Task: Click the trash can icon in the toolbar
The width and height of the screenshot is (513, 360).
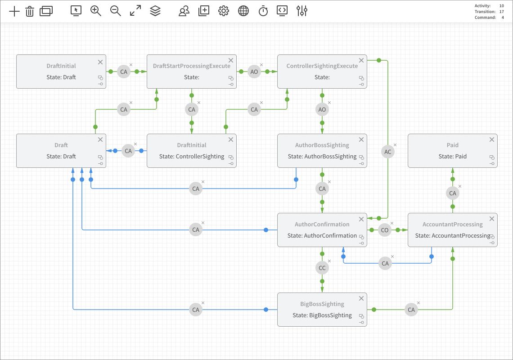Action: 30,11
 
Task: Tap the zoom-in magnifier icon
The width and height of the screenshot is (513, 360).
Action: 96,11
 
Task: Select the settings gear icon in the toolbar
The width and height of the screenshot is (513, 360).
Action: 224,11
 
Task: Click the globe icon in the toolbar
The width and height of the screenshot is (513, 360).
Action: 243,11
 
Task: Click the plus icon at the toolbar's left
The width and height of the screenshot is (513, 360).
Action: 14,11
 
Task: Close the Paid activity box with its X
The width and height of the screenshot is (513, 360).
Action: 492,139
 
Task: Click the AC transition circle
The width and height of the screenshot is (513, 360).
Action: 388,152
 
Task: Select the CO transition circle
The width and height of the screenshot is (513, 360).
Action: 385,230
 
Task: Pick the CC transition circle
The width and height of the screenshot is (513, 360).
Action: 322,268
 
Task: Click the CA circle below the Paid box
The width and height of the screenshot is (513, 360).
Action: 453,193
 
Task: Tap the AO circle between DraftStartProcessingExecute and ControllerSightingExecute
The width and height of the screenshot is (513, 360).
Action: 254,72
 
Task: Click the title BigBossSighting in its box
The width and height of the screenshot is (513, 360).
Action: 322,304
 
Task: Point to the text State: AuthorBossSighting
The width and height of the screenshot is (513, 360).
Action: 322,157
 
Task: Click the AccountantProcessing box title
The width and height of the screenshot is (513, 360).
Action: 452,224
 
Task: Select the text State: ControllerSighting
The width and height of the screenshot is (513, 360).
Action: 192,157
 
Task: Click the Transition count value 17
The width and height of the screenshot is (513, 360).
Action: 501,12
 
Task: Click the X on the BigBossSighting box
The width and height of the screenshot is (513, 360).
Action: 361,298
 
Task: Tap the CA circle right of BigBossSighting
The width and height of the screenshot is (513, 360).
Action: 411,310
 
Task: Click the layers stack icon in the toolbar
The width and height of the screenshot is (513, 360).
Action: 155,11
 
